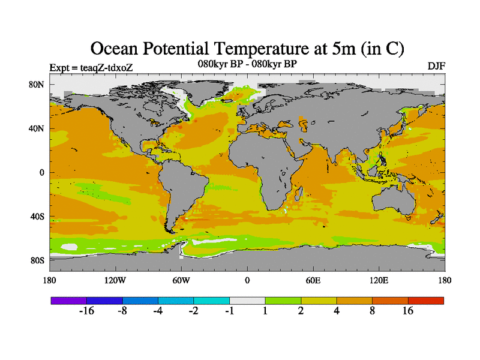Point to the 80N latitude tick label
37,85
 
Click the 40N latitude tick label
37,128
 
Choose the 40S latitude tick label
37,216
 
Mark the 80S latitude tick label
37,260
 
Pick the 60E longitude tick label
313,280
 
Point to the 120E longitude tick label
379,280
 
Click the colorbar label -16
87,311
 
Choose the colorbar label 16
408,311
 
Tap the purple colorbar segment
68,300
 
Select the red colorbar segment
426,300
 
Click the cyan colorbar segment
211,300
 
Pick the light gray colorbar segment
247,300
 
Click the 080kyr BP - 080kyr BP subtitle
247,63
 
